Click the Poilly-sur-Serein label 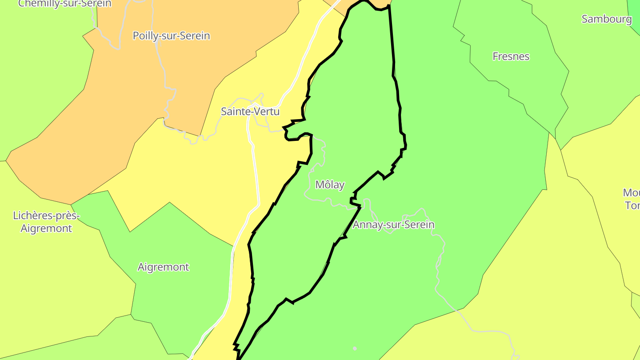pyautogui.click(x=171, y=36)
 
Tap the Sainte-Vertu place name pyautogui.click(x=250, y=112)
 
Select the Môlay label pyautogui.click(x=330, y=185)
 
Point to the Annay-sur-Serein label pyautogui.click(x=393, y=225)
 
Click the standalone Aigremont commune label pyautogui.click(x=163, y=267)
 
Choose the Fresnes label pyautogui.click(x=511, y=56)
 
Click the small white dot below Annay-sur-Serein pyautogui.click(x=355, y=348)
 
